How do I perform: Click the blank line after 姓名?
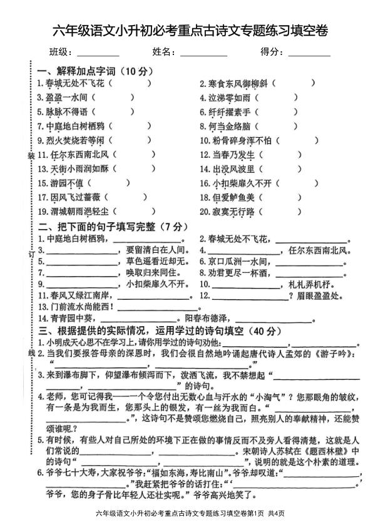coord(203,53)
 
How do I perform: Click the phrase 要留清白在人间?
coord(156,250)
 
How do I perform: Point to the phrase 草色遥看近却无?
coord(156,261)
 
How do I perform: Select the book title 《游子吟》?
coord(340,354)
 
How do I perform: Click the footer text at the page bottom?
coord(186,513)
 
